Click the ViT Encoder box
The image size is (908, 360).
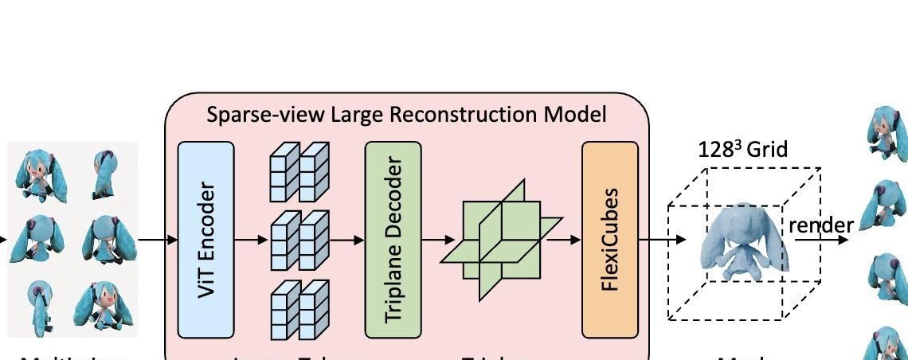[x=205, y=239]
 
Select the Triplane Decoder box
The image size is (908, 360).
[x=393, y=239]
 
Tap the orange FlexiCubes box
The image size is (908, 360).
[x=610, y=239]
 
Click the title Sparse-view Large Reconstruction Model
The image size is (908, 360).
[x=406, y=115]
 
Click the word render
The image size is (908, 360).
[x=820, y=225]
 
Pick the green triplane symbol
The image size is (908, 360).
[x=502, y=239]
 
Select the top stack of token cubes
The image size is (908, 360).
[x=299, y=171]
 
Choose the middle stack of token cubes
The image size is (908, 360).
[x=299, y=240]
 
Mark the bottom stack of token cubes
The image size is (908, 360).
[x=299, y=307]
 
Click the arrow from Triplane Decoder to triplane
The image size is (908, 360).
[x=438, y=239]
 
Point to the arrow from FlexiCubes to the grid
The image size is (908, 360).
[x=662, y=239]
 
